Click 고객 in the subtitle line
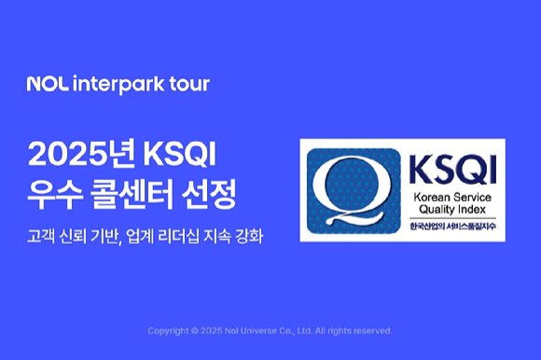42,237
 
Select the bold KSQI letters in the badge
449,170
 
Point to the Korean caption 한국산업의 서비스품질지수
449,228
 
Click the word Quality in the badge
430,210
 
